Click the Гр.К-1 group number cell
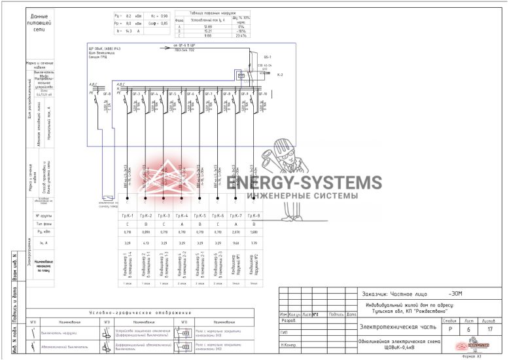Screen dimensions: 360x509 coord(128,215)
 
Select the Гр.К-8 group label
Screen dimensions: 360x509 coord(254,215)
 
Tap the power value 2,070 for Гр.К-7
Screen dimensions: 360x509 coord(236,232)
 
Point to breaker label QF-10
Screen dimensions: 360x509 coord(264,94)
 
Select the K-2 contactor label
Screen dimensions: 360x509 coord(279,75)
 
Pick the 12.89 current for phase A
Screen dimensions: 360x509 coord(209,27)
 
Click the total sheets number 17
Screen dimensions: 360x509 coord(489,330)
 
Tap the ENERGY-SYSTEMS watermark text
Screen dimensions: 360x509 coord(308,183)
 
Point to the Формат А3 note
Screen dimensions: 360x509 coord(473,357)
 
